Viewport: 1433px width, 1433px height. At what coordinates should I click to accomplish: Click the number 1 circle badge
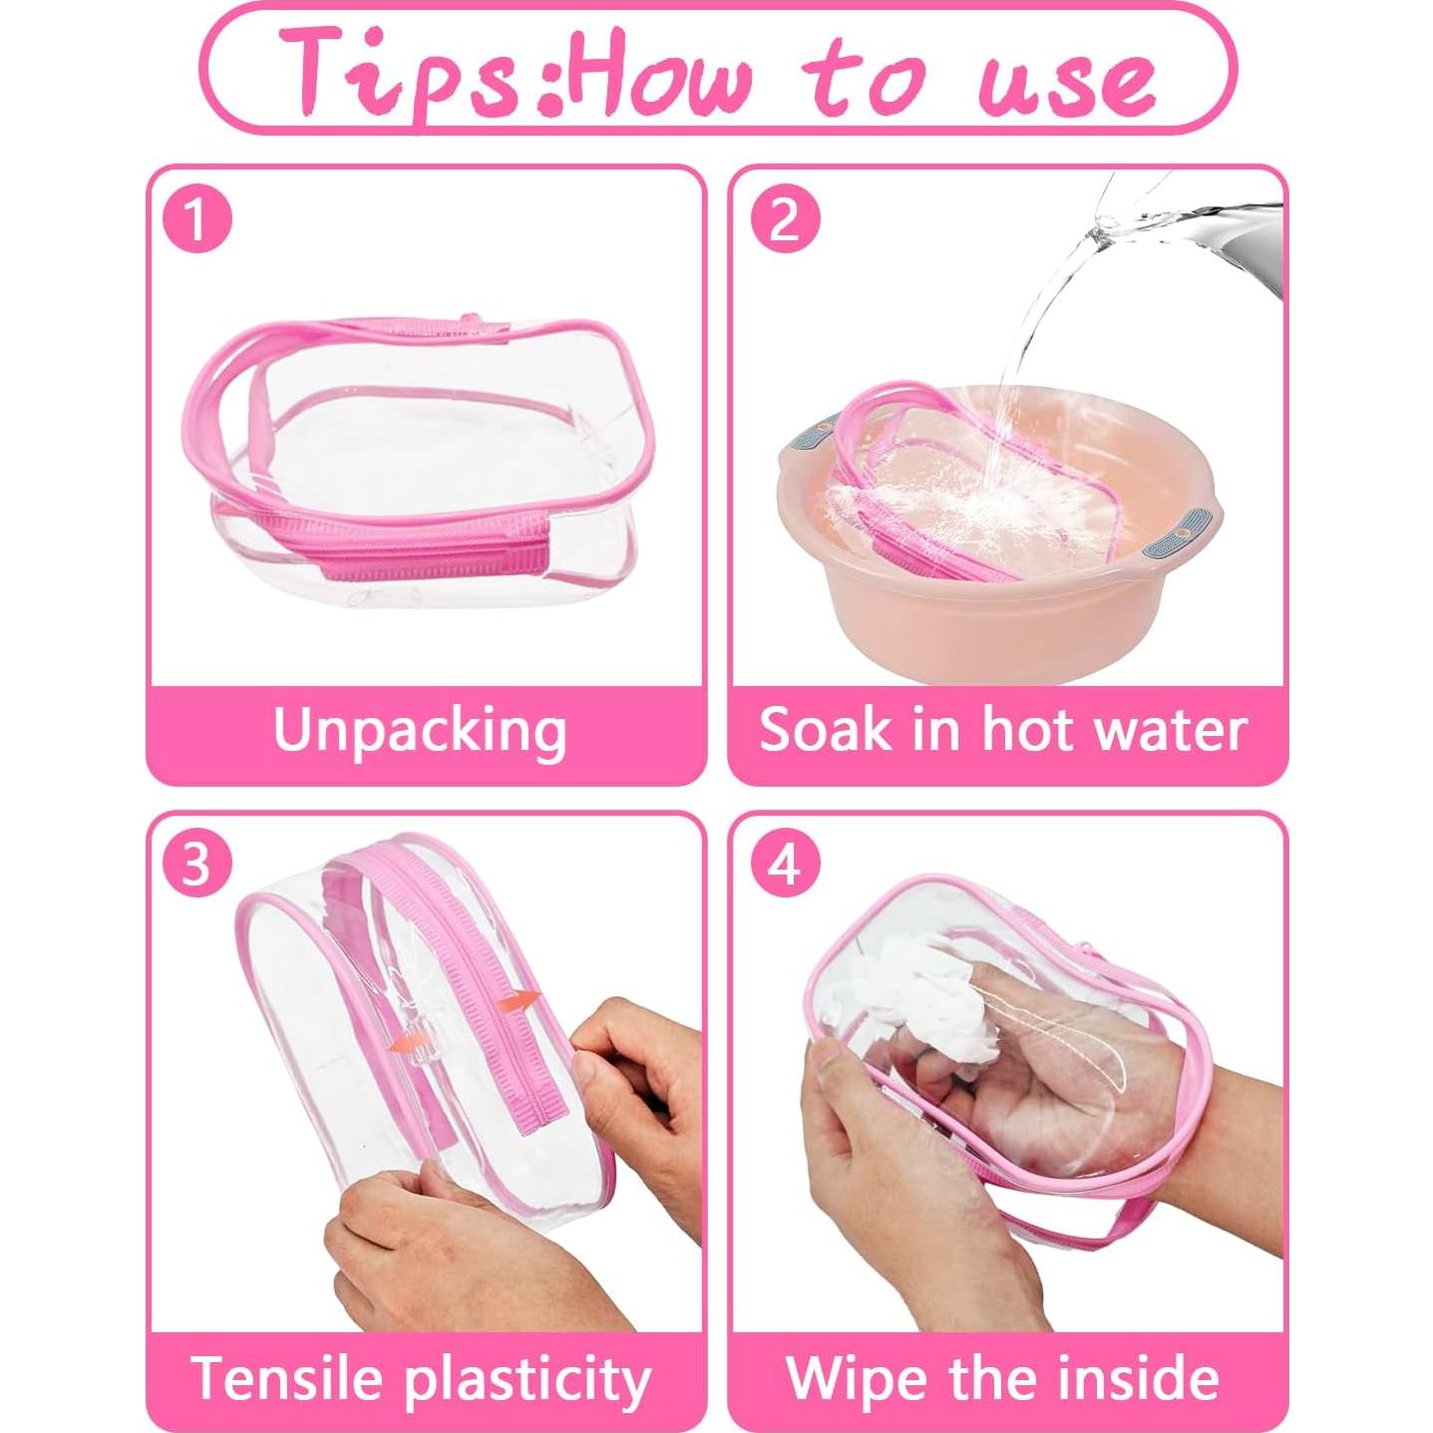coord(197,218)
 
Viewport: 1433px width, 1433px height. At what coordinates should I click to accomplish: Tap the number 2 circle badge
coord(785,218)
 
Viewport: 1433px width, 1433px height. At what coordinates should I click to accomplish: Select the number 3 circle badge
coord(197,864)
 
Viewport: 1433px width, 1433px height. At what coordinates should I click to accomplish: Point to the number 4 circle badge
coord(785,864)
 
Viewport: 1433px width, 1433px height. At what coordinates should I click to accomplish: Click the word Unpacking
coord(420,732)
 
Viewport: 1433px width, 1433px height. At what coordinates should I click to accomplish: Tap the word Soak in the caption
coord(825,730)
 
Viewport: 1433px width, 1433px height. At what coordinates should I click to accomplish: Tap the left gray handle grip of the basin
coord(811,433)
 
